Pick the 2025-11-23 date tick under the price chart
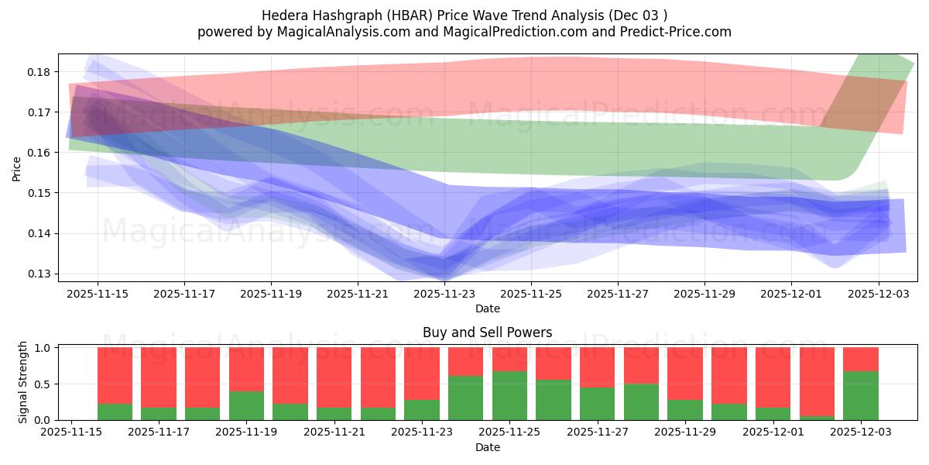pos(444,294)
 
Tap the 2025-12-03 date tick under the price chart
pos(878,294)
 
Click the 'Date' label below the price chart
pos(487,308)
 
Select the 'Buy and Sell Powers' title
pos(487,332)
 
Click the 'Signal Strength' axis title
pos(23,381)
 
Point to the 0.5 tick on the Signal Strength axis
pos(43,384)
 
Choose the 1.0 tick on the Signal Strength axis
pos(43,348)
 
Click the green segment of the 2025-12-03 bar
pos(861,396)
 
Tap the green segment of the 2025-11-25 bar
pos(509,396)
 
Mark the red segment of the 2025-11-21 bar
pos(334,377)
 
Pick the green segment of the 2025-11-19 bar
pos(246,405)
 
